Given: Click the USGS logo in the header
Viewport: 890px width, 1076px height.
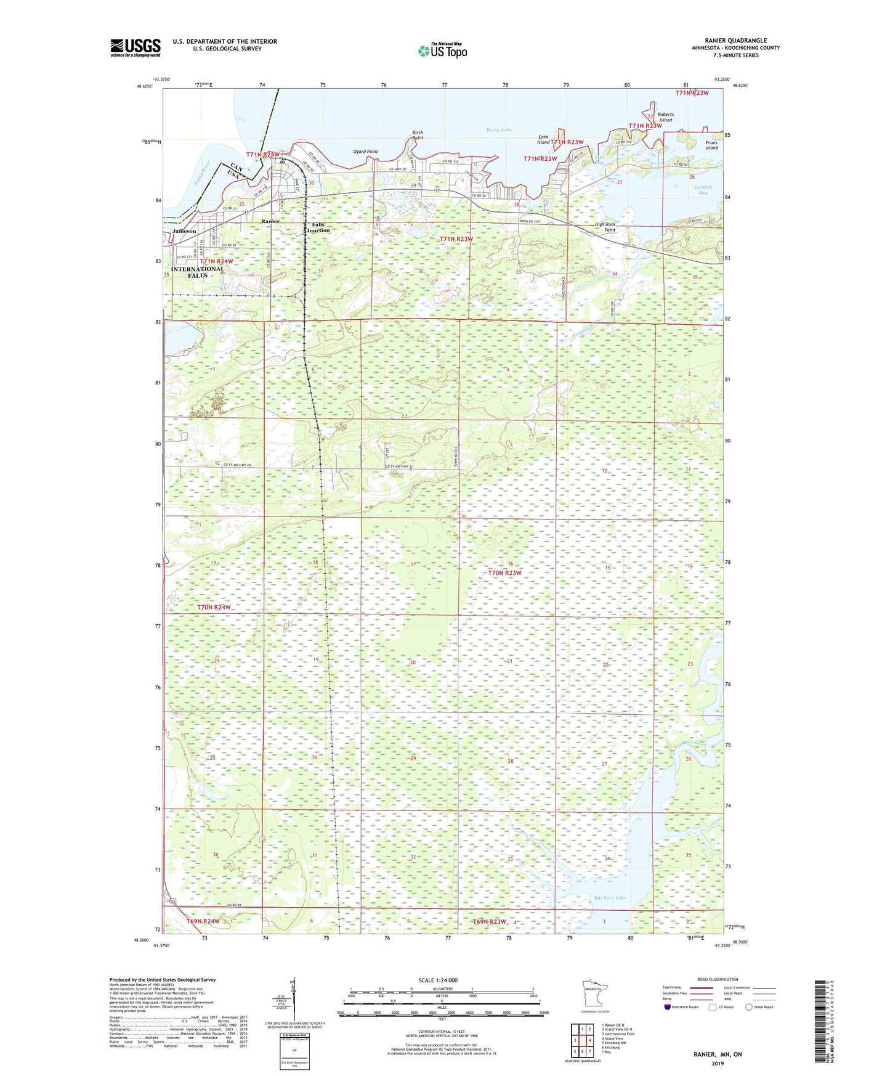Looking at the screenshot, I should [x=135, y=47].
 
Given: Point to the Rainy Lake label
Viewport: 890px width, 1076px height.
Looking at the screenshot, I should [x=498, y=130].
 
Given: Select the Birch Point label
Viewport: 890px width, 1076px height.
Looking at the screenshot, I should [x=418, y=135].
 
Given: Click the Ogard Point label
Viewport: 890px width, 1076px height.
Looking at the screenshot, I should [x=365, y=152].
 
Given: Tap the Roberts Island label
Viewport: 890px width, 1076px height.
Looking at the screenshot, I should [x=665, y=117].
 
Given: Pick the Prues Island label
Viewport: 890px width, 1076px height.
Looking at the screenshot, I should [x=711, y=145].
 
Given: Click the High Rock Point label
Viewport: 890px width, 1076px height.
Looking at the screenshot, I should [x=605, y=227].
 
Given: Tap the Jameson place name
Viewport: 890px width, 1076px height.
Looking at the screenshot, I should [x=184, y=231].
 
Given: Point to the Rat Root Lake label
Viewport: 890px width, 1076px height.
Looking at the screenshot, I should [x=610, y=898].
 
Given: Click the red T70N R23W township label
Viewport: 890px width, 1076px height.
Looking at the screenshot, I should [x=504, y=573].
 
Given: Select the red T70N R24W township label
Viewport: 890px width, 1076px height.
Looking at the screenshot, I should [x=214, y=608].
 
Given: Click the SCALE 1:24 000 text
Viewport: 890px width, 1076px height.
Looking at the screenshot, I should [x=438, y=980].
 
